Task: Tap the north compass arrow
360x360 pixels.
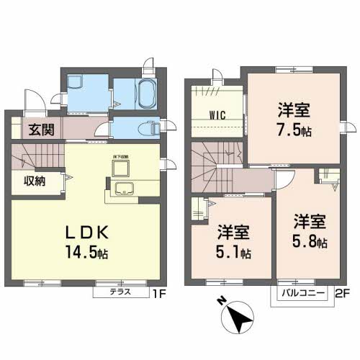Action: pyautogui.click(x=241, y=315)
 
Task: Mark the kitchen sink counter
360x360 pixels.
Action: pyautogui.click(x=124, y=191)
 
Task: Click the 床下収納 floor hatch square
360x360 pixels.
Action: pyautogui.click(x=119, y=168)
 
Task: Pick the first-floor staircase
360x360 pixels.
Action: pyautogui.click(x=40, y=155)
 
